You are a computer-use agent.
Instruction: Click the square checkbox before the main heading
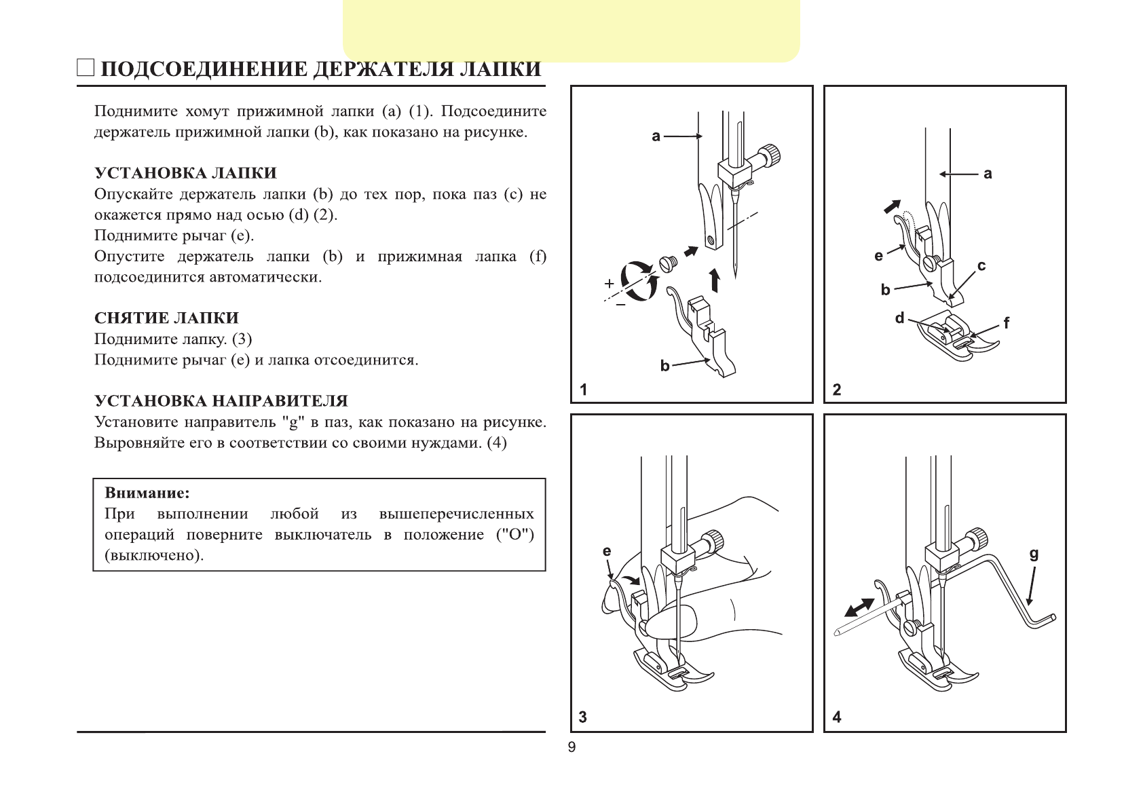(x=86, y=68)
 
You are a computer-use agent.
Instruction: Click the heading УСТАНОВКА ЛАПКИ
(x=185, y=173)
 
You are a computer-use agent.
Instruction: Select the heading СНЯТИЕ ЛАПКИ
(x=166, y=318)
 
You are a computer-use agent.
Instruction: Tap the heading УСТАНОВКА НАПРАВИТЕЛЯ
(x=221, y=401)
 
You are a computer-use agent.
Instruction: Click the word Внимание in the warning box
(x=147, y=493)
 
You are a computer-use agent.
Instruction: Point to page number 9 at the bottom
(x=571, y=747)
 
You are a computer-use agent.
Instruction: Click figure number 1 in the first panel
(x=583, y=390)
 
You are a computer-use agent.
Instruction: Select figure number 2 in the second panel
(x=837, y=390)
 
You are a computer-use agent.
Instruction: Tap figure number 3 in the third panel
(x=583, y=717)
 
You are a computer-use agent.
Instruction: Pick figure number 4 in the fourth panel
(x=837, y=717)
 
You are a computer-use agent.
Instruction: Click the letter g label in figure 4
(x=1034, y=554)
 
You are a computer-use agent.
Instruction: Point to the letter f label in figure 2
(x=1007, y=324)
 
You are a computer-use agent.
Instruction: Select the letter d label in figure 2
(x=900, y=318)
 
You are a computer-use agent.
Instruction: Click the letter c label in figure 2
(x=981, y=266)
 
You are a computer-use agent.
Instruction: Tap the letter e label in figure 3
(x=607, y=552)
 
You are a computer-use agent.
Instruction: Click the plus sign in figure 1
(x=610, y=283)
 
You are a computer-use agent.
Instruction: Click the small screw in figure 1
(x=668, y=263)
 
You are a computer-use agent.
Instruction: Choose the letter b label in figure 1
(x=665, y=366)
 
